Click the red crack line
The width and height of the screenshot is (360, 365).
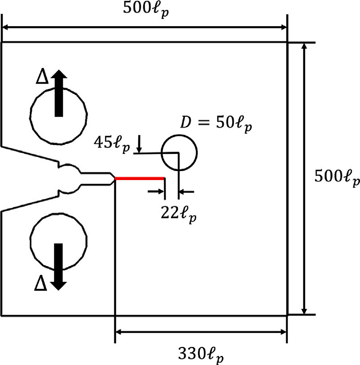coord(139,179)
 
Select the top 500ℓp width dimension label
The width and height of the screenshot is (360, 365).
coord(146,10)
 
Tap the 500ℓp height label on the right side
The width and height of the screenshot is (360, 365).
coord(337,178)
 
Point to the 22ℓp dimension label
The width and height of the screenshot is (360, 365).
coord(179,214)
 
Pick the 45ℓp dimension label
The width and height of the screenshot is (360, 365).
coord(112,144)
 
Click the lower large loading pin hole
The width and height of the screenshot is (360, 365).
coord(30,241)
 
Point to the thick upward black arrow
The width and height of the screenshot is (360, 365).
coord(58,93)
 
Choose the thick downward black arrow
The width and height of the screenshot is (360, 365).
coord(58,267)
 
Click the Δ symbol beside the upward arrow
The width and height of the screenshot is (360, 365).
coord(42,76)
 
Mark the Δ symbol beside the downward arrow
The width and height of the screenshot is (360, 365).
coord(40,283)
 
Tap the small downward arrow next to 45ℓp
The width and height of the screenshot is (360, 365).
coord(139,144)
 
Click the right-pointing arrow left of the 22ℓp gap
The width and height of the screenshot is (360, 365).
coord(156,191)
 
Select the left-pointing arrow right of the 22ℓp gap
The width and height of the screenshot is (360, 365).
coord(186,192)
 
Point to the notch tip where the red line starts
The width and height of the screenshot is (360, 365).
coord(115,179)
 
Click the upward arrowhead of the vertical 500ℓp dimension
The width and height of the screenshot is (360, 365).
coord(304,46)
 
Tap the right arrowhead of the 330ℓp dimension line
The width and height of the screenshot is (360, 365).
coord(283,332)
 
